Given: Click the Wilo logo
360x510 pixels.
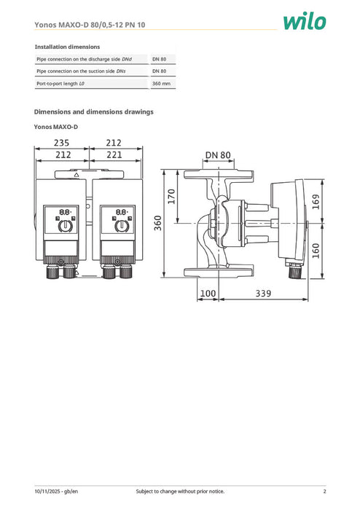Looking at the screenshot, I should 304,21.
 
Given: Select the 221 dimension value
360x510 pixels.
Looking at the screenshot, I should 114,154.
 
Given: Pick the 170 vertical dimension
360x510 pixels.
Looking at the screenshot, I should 173,197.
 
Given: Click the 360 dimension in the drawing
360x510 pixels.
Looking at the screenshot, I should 158,224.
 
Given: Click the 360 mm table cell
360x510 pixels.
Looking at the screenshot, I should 161,84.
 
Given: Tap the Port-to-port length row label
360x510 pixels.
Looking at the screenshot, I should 60,84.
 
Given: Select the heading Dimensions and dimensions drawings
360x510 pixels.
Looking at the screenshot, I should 94,112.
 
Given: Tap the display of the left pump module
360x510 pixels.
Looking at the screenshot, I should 65,212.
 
